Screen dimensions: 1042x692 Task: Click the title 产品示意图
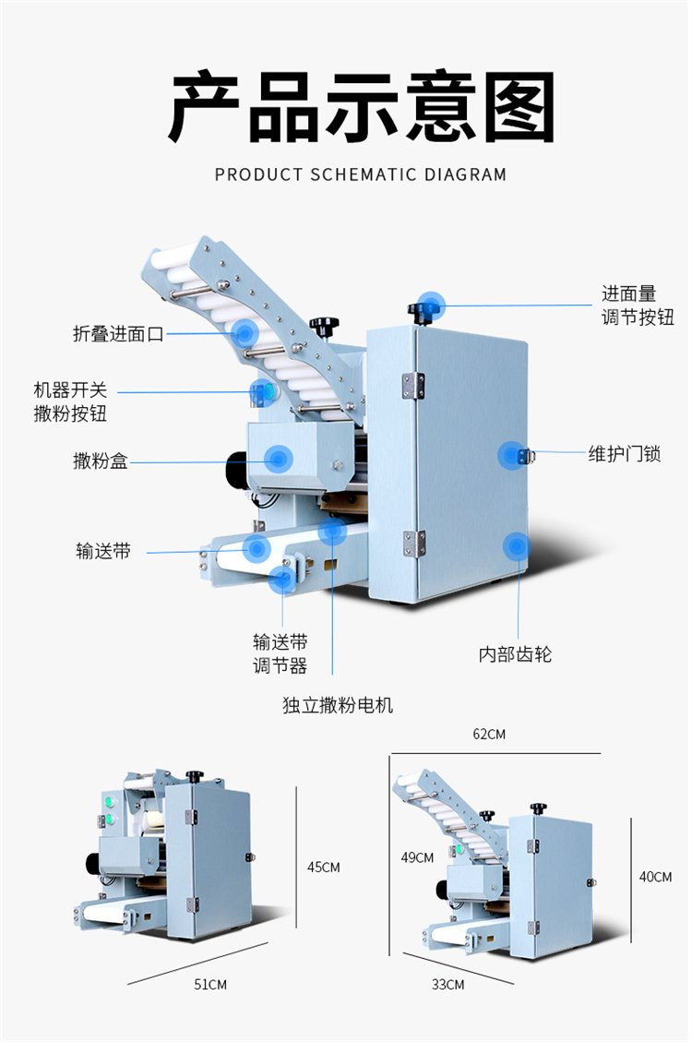[361, 108]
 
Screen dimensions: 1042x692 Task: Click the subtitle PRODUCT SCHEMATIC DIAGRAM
[361, 174]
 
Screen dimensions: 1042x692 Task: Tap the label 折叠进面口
[118, 334]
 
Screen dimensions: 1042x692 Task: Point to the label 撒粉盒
[101, 461]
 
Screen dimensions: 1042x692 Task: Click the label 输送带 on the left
[102, 551]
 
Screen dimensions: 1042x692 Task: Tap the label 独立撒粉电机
[338, 705]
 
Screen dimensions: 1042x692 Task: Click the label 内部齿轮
[515, 654]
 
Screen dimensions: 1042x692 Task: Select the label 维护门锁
[625, 454]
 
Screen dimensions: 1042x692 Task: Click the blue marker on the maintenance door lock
[512, 455]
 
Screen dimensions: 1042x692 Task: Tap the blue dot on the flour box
[278, 458]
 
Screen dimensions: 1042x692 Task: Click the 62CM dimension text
[489, 735]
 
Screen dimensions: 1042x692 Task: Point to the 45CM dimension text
[324, 867]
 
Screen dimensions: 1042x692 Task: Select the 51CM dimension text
[209, 985]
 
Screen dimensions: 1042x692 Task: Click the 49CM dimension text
[417, 857]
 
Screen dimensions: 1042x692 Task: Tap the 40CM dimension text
[655, 877]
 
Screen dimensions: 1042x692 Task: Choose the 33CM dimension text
[448, 985]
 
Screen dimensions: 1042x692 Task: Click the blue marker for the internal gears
[517, 546]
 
